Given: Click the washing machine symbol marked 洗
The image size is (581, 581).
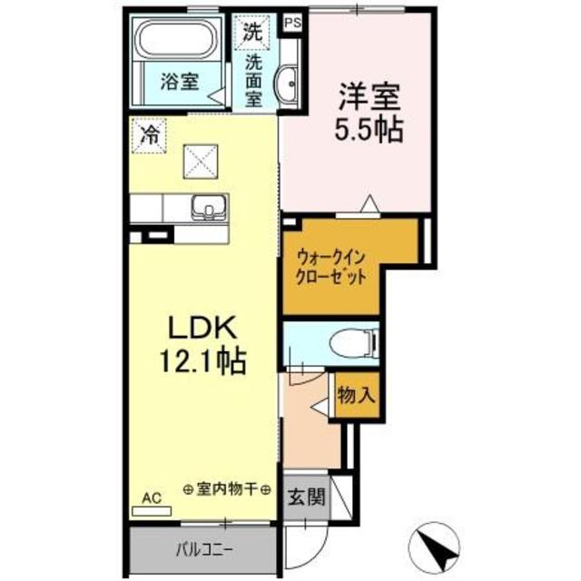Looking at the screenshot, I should pos(251,31).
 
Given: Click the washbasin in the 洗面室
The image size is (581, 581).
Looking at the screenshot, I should pos(288,83).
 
